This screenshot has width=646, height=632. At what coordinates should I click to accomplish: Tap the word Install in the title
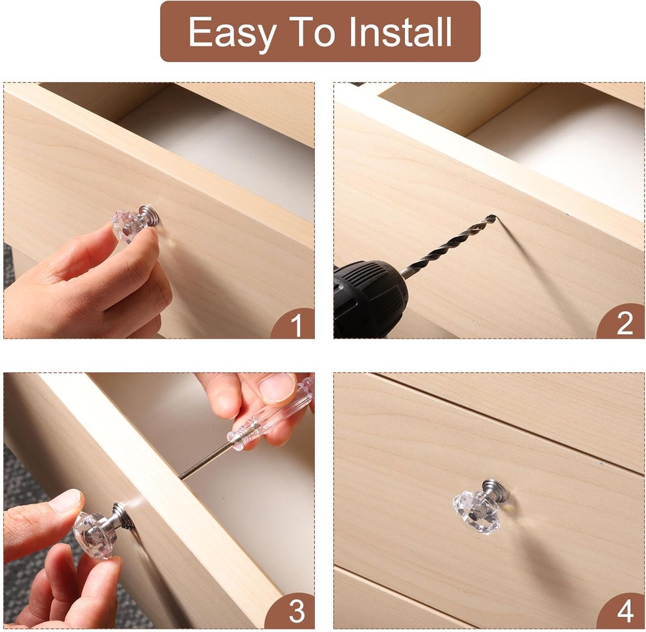coord(400,32)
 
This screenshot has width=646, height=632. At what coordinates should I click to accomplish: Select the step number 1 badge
coord(294,324)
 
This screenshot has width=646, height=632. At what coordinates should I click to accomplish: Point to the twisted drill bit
coord(449,245)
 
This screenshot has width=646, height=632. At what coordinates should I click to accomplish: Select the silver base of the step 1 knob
coord(149,214)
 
